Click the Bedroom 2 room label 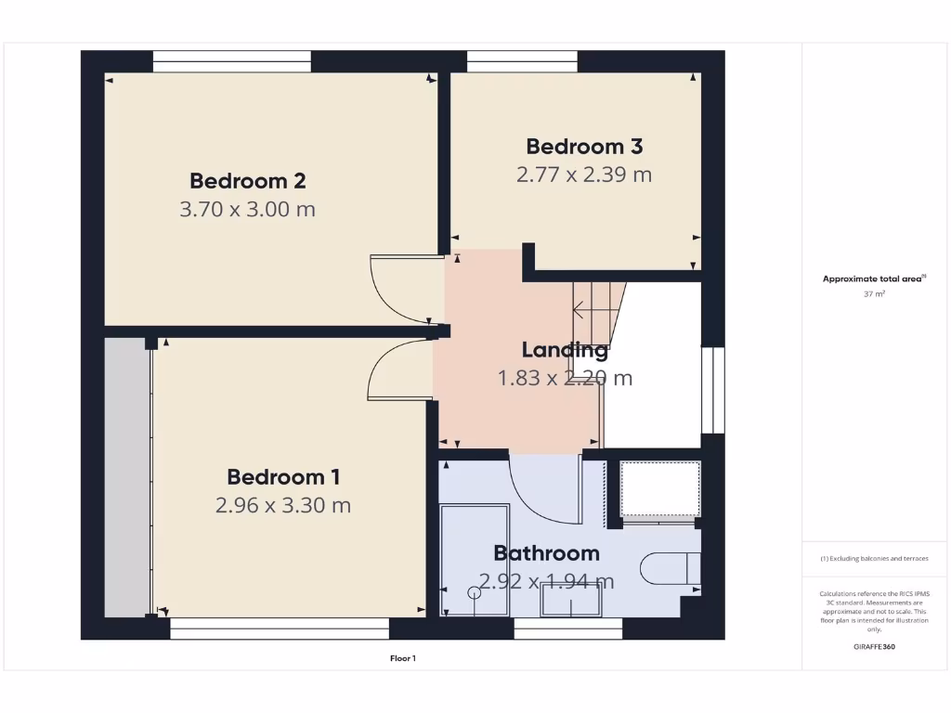pyautogui.click(x=248, y=180)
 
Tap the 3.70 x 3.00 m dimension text pyautogui.click(x=248, y=209)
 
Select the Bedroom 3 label pyautogui.click(x=584, y=146)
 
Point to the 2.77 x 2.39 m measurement pyautogui.click(x=584, y=174)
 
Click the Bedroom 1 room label pyautogui.click(x=283, y=476)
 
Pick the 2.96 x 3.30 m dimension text pyautogui.click(x=283, y=505)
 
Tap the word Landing pyautogui.click(x=565, y=350)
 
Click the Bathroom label pyautogui.click(x=546, y=553)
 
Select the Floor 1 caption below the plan pyautogui.click(x=403, y=658)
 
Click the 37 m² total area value pyautogui.click(x=874, y=293)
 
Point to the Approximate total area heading pyautogui.click(x=873, y=279)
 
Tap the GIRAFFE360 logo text pyautogui.click(x=874, y=647)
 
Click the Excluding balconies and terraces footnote pyautogui.click(x=874, y=558)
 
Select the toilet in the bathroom pyautogui.click(x=671, y=567)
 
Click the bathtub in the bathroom pyautogui.click(x=475, y=560)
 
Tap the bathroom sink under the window pyautogui.click(x=571, y=603)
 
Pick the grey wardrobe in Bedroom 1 pyautogui.click(x=126, y=476)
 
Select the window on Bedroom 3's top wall pyautogui.click(x=522, y=62)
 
